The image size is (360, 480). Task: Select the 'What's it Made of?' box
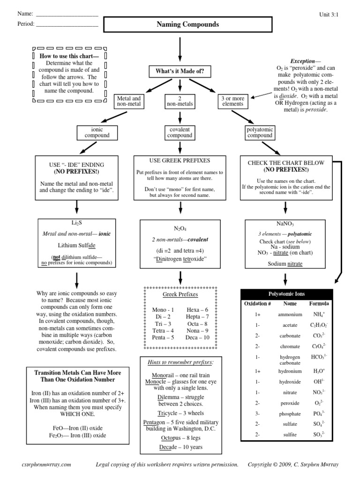(x=180, y=72)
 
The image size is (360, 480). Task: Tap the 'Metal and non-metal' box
(x=128, y=102)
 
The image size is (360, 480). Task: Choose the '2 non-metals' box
(x=180, y=102)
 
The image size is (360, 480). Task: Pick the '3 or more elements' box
(x=233, y=102)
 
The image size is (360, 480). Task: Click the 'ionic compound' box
(x=97, y=132)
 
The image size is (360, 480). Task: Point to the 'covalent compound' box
(x=180, y=132)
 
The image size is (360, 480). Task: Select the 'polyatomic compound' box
(x=260, y=132)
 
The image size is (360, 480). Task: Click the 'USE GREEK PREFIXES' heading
(x=180, y=161)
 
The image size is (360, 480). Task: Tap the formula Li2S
(x=77, y=221)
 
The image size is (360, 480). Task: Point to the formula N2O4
(x=180, y=228)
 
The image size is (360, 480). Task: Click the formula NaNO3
(x=285, y=224)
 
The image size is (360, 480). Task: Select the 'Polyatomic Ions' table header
(x=286, y=294)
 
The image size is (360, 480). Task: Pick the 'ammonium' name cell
(x=286, y=315)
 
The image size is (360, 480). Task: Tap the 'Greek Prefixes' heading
(x=180, y=294)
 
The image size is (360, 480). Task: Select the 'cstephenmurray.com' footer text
(x=47, y=464)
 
